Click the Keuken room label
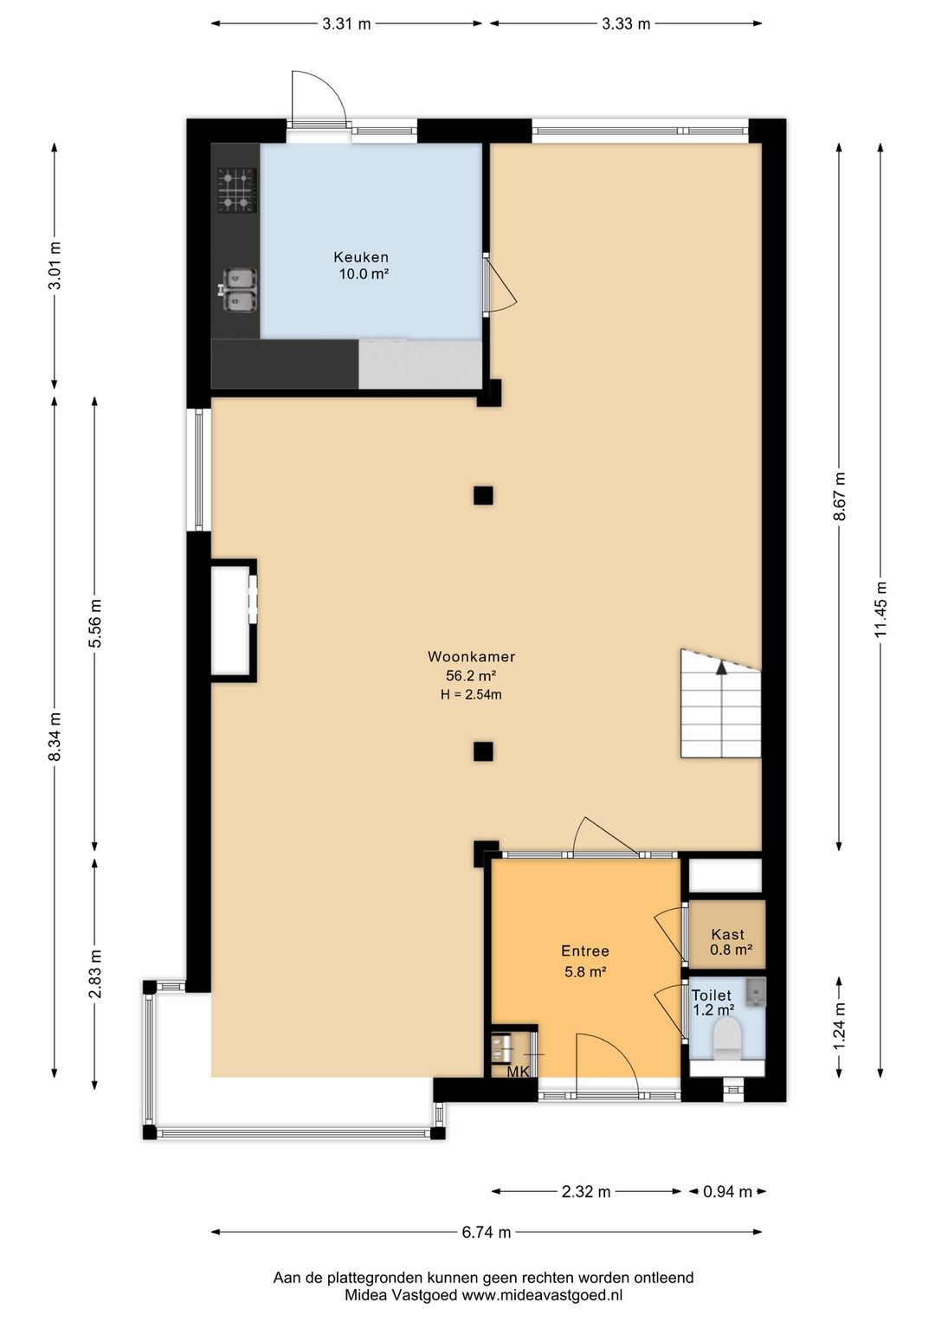pyautogui.click(x=361, y=257)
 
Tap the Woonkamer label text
pyautogui.click(x=471, y=656)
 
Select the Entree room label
pyautogui.click(x=584, y=950)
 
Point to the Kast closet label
pyautogui.click(x=728, y=934)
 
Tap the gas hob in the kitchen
pyautogui.click(x=237, y=190)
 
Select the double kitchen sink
pyautogui.click(x=238, y=289)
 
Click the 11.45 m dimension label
pyautogui.click(x=880, y=609)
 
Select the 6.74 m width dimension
pyautogui.click(x=486, y=1231)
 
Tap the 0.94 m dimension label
pyautogui.click(x=727, y=1191)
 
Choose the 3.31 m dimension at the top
pyautogui.click(x=346, y=23)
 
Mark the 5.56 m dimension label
pyautogui.click(x=95, y=622)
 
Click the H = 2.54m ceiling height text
pyautogui.click(x=471, y=695)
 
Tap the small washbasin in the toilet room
pyautogui.click(x=755, y=991)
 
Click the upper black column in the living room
pyautogui.click(x=483, y=495)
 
